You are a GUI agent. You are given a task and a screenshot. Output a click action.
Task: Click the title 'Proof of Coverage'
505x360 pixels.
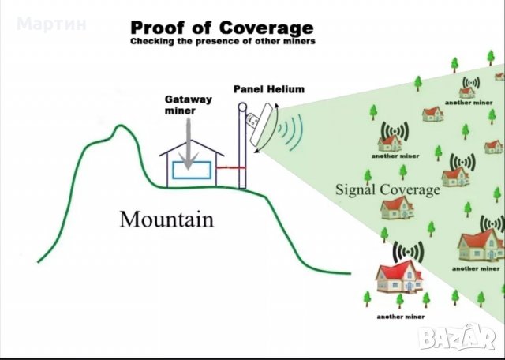tap(222, 28)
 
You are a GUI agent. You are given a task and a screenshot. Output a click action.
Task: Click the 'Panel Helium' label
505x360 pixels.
tap(269, 89)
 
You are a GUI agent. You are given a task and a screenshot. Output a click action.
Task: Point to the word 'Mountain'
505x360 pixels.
tap(166, 218)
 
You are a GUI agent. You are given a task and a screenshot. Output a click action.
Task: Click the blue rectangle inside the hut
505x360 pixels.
tap(194, 171)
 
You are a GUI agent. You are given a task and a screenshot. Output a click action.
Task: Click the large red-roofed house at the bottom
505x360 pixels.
tap(399, 276)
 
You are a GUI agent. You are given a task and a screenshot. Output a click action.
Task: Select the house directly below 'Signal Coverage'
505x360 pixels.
tap(397, 207)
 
